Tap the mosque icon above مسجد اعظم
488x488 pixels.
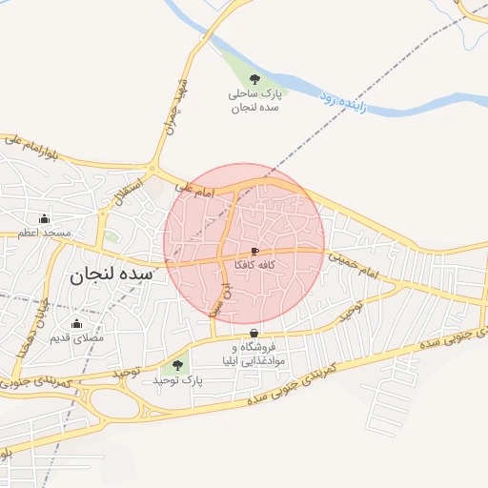(x=44, y=219)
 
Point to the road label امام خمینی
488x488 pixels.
(x=356, y=267)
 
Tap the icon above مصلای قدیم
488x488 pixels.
(x=76, y=324)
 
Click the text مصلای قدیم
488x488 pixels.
(x=76, y=337)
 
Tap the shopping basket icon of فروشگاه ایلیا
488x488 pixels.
(x=254, y=333)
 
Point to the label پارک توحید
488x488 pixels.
(x=177, y=379)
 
